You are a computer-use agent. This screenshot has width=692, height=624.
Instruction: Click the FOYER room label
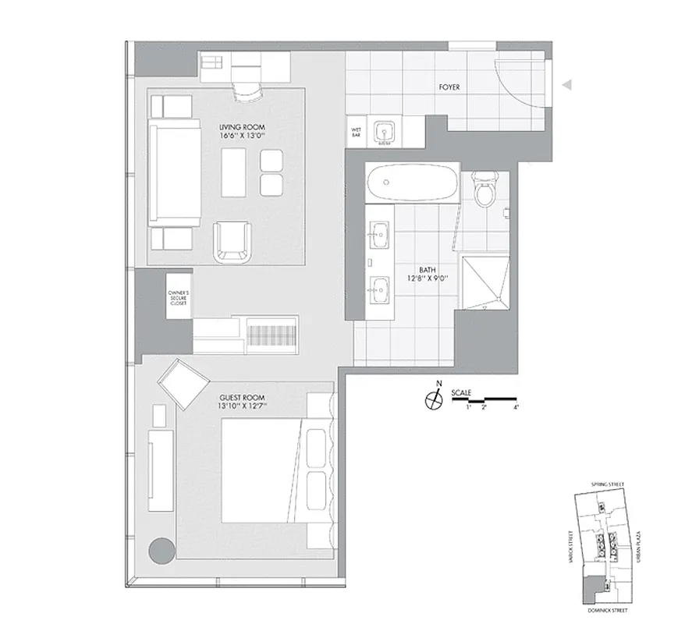point(449,88)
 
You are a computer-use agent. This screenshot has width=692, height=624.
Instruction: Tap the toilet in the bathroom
point(484,191)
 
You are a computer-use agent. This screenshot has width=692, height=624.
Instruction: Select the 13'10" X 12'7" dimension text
point(243,406)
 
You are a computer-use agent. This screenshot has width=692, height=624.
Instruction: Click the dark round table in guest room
point(162,551)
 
